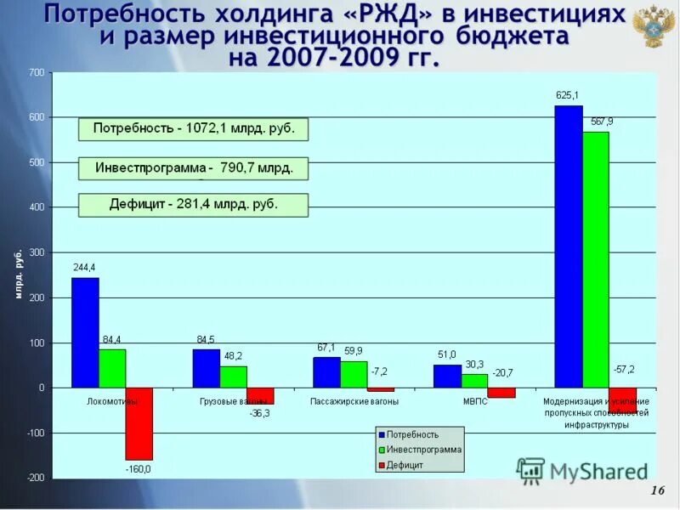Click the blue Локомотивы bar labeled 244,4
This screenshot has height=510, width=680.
85,332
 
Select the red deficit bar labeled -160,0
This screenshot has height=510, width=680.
139,423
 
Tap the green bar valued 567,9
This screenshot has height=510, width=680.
596,259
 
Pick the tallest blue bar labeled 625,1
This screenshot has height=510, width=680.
569,246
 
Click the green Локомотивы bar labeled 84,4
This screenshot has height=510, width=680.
112,368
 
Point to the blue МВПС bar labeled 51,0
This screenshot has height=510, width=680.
447,376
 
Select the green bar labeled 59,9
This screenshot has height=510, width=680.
354,374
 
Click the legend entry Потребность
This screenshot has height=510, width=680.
412,434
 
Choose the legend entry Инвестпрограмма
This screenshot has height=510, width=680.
423,450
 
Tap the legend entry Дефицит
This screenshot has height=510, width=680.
405,465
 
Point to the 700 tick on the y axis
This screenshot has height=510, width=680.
37,73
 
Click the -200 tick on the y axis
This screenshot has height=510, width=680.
35,478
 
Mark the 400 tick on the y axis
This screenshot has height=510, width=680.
37,207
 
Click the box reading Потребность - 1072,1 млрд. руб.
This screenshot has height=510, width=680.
193,129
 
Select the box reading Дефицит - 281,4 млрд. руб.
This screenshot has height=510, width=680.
193,205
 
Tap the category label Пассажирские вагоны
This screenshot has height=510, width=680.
354,401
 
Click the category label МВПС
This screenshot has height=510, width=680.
474,401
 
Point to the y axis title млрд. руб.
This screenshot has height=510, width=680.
18,274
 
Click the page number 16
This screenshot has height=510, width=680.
656,491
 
